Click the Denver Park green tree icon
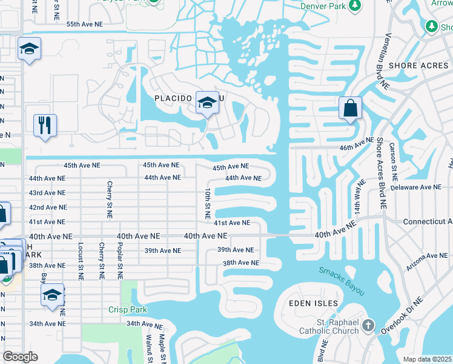pyautogui.click(x=355, y=5)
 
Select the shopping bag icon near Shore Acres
pyautogui.click(x=350, y=109)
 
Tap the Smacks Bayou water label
pyautogui.click(x=342, y=282)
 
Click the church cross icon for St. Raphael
pyautogui.click(x=368, y=327)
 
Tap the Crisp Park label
pyautogui.click(x=128, y=310)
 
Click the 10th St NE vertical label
pyautogui.click(x=207, y=203)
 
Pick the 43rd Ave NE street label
pyautogui.click(x=47, y=193)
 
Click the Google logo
pyautogui.click(x=20, y=357)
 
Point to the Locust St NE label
pyautogui.click(x=80, y=261)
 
